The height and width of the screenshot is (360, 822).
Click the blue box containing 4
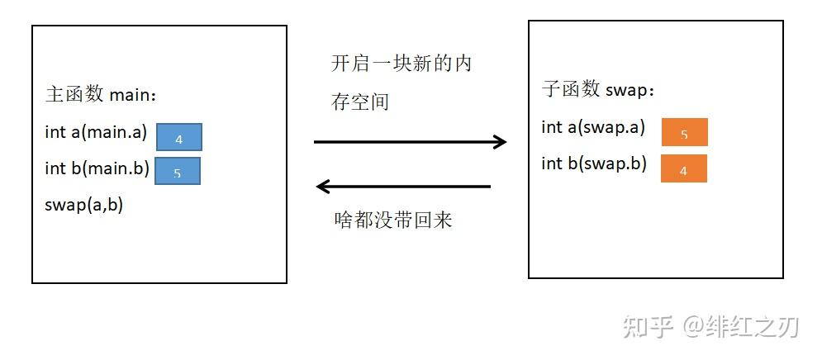pos(178,137)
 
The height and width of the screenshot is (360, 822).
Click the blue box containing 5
pos(177,172)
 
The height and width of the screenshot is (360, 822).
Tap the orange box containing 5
pos(684,132)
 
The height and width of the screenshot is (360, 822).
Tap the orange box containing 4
pos(683,168)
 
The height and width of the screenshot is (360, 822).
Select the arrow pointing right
pos(410,142)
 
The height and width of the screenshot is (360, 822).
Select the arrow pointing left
pos(404,187)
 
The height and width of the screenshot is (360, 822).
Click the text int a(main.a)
pos(95,132)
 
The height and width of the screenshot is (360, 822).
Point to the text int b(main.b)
pos(97,168)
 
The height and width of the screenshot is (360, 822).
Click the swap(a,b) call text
pos(83,205)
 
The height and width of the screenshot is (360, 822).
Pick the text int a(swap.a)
pos(592,127)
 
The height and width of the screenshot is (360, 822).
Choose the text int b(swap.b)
pos(593,163)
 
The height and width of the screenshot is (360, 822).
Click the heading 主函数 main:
pos(100,95)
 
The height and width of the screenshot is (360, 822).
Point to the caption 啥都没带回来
pos(392,220)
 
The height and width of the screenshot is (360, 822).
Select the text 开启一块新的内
pos(401,64)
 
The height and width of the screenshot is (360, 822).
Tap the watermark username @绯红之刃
pos(740,327)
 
